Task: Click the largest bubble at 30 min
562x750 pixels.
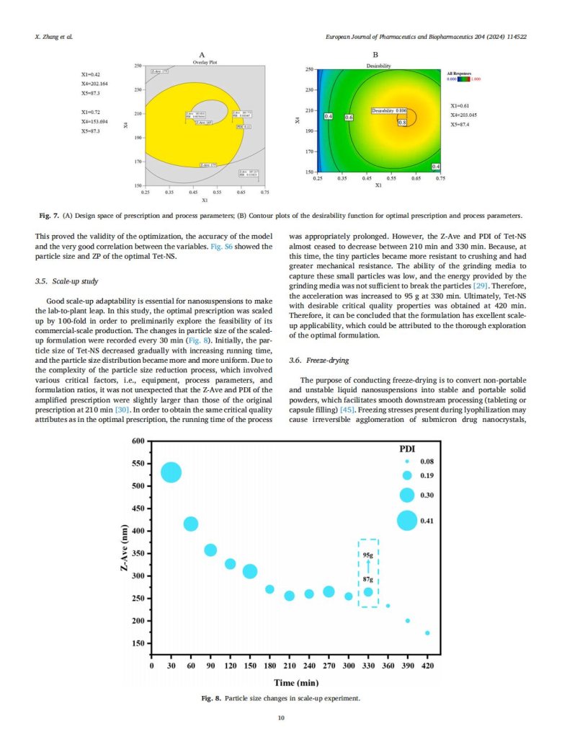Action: [x=171, y=472]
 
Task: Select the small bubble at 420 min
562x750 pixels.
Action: [x=427, y=633]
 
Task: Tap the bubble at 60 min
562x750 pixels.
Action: [x=191, y=524]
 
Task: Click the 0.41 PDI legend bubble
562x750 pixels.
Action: [x=407, y=520]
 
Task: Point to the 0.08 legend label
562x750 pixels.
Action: [x=427, y=462]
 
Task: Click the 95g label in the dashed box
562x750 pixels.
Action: [x=368, y=555]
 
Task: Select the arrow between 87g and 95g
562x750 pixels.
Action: [x=368, y=567]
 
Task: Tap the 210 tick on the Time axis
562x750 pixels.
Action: [x=290, y=666]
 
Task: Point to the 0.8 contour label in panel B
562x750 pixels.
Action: [x=403, y=123]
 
